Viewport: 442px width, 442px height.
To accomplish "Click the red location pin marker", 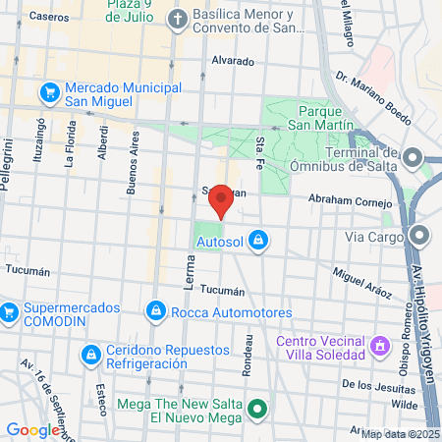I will click(x=222, y=199).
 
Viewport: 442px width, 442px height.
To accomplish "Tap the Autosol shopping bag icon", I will click(x=257, y=239).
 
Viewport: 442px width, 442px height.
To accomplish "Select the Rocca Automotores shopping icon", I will click(x=154, y=312).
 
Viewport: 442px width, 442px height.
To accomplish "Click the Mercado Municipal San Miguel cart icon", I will click(x=47, y=92).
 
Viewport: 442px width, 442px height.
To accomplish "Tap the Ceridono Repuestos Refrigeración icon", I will click(x=90, y=354).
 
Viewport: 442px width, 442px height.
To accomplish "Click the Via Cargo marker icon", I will click(x=421, y=236).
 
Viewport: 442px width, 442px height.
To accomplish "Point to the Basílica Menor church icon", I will click(x=177, y=19).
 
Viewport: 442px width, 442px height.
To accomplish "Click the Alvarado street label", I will click(x=234, y=60).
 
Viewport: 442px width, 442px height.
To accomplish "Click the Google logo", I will click(x=32, y=429).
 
